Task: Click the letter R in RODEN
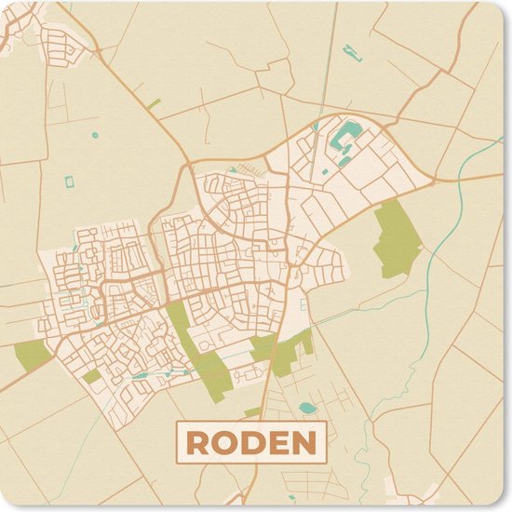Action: pyautogui.click(x=196, y=443)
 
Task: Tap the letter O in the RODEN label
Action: pyautogui.click(x=222, y=443)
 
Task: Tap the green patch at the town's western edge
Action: pyautogui.click(x=33, y=355)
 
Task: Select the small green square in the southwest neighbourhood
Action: pyautogui.click(x=91, y=377)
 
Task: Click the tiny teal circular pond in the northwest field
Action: pyautogui.click(x=95, y=136)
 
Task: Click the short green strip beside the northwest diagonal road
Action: pyautogui.click(x=154, y=103)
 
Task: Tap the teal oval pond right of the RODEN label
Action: pyautogui.click(x=307, y=408)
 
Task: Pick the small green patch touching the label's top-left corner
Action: pyautogui.click(x=252, y=411)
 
